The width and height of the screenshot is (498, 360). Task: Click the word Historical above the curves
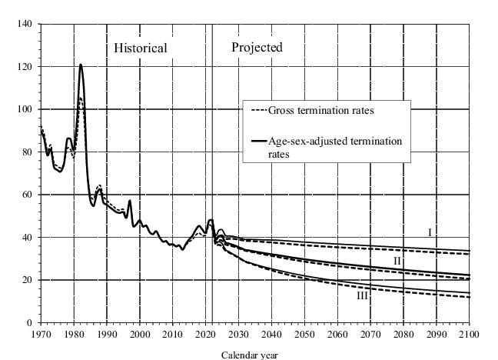(141, 48)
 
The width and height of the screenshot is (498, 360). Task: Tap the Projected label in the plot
(257, 47)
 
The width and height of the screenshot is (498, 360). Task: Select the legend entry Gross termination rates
(320, 110)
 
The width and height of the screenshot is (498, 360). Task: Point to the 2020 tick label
(205, 335)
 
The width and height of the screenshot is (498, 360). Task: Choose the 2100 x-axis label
(469, 335)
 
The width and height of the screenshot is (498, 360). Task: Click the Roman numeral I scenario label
(431, 232)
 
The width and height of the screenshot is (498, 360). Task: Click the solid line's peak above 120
(81, 65)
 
